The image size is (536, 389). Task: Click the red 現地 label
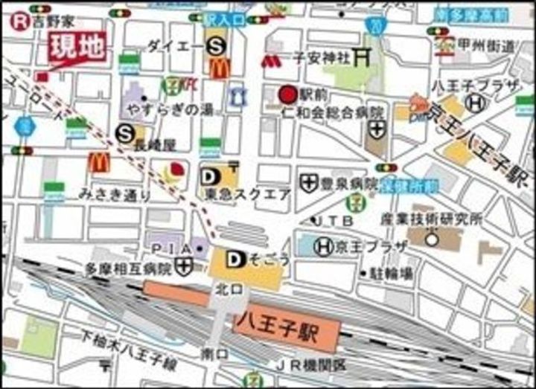pos(77,48)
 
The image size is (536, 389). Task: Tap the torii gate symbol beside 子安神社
pos(363,56)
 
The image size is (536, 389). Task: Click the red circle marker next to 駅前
pos(287,94)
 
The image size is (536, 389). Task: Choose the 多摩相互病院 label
pos(128,268)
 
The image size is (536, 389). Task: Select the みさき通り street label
pos(115,194)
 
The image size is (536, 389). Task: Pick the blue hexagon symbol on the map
pos(25,126)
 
